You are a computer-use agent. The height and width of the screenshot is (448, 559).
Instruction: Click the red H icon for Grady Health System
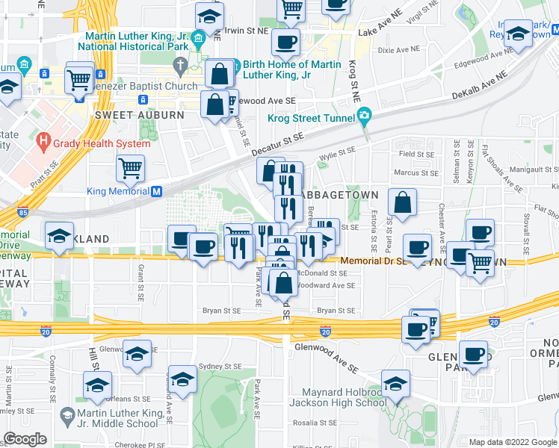tap(44, 140)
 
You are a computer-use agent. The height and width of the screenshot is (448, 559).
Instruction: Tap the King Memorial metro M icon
tap(157, 191)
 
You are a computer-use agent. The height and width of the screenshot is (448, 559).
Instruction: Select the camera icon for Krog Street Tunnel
tap(364, 115)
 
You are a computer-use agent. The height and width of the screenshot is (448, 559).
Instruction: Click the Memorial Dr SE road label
tap(373, 261)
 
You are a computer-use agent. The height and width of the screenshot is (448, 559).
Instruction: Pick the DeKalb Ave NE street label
tap(479, 86)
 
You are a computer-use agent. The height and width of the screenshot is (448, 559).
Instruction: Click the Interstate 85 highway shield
tap(23, 211)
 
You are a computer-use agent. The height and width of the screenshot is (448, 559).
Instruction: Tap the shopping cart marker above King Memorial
tap(131, 168)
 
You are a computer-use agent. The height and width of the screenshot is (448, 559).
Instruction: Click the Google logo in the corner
tap(25, 439)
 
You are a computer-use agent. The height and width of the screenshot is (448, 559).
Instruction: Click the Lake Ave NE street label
tap(380, 33)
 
